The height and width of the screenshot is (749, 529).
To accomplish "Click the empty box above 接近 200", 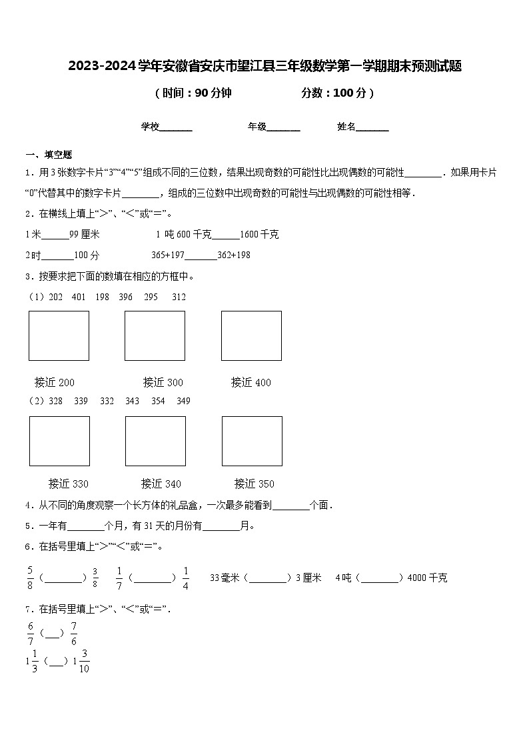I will [59, 335].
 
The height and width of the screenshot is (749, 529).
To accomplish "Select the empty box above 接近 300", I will [155, 335].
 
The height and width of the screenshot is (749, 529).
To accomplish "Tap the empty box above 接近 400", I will [251, 335].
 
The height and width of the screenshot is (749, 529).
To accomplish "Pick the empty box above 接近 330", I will [59, 441].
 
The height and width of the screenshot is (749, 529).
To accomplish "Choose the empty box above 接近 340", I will [155, 441].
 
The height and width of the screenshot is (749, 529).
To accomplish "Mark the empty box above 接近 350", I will [252, 441].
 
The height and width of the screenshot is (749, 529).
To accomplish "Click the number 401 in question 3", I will [78, 297].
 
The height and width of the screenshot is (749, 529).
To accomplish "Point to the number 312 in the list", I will [179, 297].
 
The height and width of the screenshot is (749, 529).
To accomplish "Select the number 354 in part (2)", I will [158, 401].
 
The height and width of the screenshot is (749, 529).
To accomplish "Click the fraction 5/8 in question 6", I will [30, 578].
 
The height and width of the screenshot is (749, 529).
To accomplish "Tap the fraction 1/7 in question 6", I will [119, 578].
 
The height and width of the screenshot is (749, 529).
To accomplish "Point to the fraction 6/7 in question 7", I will [30, 633].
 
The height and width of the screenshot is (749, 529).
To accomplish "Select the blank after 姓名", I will [372, 127].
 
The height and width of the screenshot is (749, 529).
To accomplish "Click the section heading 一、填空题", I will [49, 154].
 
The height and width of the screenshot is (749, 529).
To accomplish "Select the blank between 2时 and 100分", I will [57, 256].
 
